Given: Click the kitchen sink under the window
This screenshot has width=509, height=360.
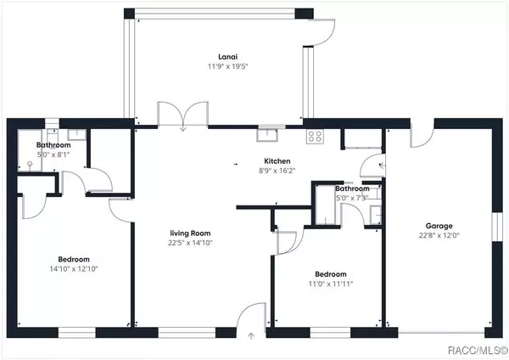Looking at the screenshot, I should [269, 132].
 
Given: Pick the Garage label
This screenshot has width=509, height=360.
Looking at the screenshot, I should [439, 227].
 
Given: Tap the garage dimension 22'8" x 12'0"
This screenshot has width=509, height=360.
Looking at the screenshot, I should [439, 236].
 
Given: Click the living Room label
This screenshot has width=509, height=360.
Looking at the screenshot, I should [188, 233].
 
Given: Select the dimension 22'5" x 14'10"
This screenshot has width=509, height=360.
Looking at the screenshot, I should [188, 242].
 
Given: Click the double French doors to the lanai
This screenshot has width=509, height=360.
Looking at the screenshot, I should [182, 115].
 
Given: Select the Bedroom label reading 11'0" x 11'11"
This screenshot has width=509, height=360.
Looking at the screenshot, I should [330, 274].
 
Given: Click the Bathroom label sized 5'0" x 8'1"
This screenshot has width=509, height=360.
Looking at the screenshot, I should [53, 145].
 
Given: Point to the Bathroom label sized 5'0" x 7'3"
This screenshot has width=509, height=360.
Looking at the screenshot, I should [351, 188].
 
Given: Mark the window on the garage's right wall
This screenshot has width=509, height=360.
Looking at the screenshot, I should [495, 228].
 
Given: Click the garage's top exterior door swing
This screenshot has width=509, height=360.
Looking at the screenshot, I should [422, 136].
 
